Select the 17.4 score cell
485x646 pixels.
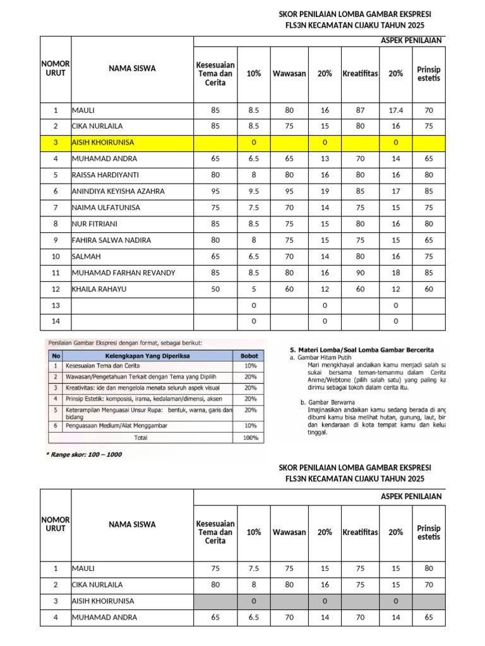tap(395, 110)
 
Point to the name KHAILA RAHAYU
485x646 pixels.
tap(99, 289)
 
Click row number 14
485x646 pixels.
tap(56, 321)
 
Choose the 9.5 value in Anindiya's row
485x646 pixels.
tap(254, 191)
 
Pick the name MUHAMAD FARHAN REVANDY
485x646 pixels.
tap(123, 273)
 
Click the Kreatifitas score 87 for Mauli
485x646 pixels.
tap(360, 110)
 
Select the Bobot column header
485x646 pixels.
tap(250, 356)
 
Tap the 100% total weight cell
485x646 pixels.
tap(250, 437)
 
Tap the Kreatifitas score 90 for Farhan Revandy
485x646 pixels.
tap(360, 273)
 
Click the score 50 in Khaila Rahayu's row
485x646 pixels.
tap(215, 289)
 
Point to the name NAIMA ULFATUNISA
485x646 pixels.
tap(106, 208)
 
